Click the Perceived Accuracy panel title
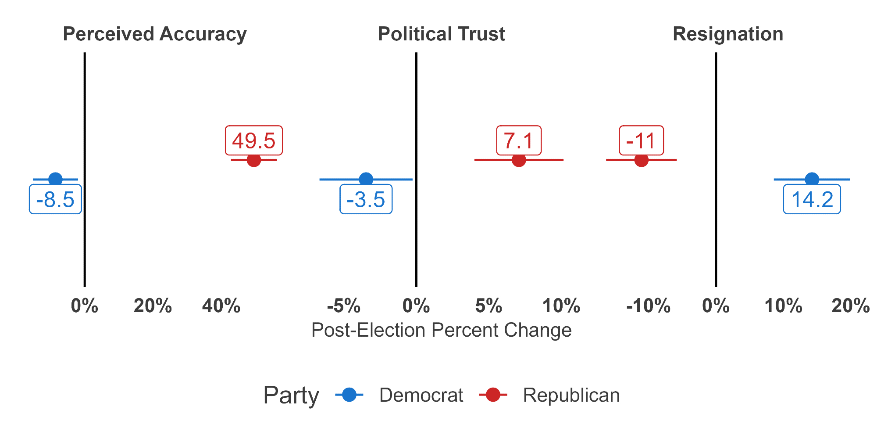point(155,34)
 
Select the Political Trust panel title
point(441,34)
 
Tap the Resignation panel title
point(728,34)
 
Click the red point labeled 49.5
point(254,160)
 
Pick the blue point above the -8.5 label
point(55,179)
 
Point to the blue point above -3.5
point(366,179)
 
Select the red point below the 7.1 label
point(519,160)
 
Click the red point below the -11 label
point(641,160)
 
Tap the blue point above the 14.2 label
point(812,179)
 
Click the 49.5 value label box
point(254,140)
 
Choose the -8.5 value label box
point(55,199)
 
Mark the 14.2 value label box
point(812,199)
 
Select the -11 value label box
point(641,140)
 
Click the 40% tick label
point(221,306)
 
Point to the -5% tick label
point(343,306)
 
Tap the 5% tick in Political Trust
point(488,306)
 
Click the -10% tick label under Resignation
point(648,306)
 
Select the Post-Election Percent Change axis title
point(441,330)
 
